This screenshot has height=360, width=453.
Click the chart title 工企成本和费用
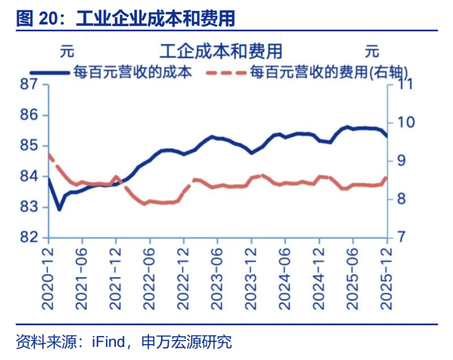coord(221,51)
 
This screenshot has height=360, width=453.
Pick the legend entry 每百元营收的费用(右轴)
coord(330,72)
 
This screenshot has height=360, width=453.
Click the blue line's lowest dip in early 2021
coord(59,210)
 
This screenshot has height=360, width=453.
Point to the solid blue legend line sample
coord(50,72)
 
